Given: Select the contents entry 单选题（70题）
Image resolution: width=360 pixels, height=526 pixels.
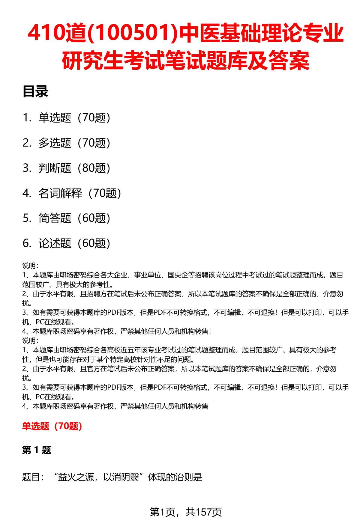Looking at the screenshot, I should (74, 118).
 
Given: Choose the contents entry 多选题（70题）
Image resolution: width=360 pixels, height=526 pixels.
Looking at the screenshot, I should (74, 143).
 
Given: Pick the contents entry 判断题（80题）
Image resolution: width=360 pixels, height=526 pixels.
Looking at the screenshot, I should (74, 168).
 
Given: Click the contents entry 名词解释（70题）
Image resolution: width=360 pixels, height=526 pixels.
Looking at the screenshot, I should (80, 193).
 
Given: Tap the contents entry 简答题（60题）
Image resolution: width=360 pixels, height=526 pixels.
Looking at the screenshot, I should (74, 218).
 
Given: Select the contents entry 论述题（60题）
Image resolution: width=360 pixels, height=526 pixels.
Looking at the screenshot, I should (74, 243).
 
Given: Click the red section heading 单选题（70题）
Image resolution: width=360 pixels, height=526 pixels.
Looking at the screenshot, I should (52, 426).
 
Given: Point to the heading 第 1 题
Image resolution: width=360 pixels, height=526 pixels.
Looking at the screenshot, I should (37, 450).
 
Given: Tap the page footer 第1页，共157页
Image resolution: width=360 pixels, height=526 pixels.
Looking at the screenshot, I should (186, 512).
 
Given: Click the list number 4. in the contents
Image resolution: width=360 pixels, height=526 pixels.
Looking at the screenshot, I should (27, 193).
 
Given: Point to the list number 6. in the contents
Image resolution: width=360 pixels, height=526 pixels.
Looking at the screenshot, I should (27, 243).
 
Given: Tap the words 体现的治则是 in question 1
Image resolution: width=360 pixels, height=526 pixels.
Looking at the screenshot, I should (175, 477).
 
